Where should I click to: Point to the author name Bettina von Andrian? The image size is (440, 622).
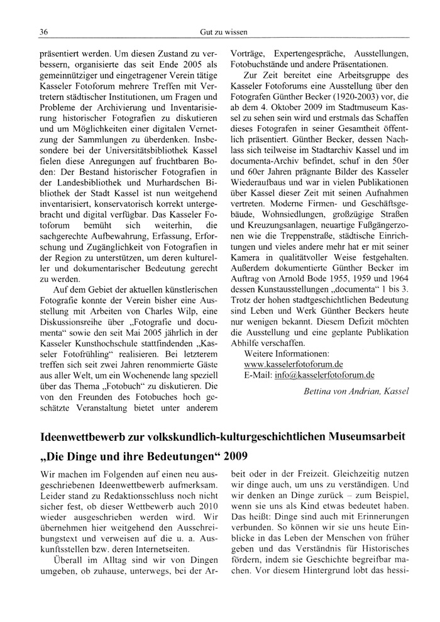[x=355, y=391]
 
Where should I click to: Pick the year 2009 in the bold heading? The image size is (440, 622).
[x=234, y=456]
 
